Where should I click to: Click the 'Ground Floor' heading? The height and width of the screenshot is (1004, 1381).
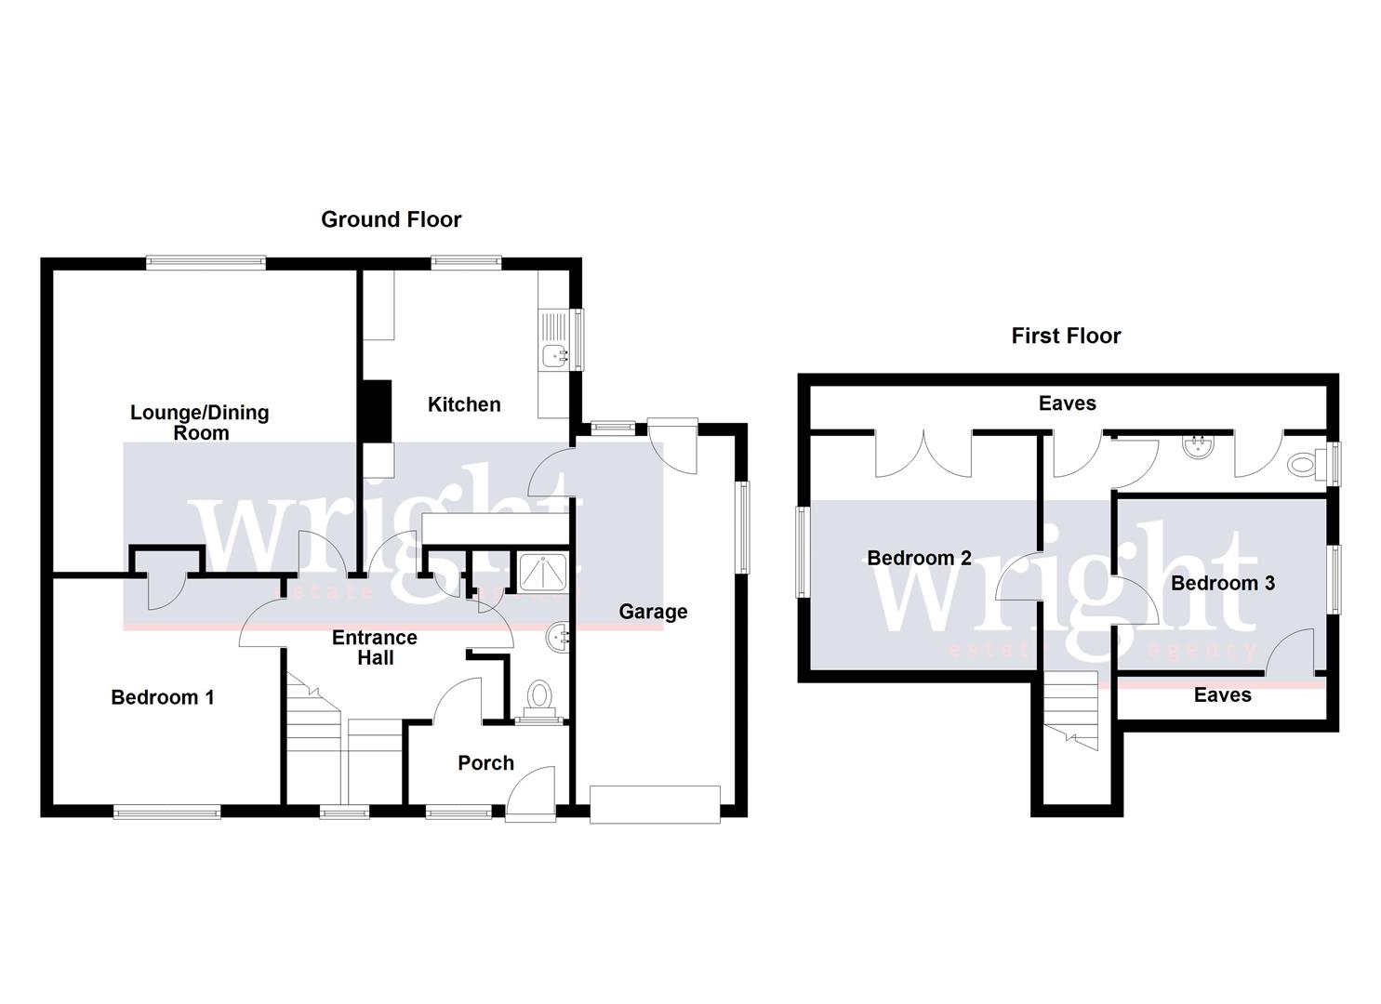pyautogui.click(x=391, y=219)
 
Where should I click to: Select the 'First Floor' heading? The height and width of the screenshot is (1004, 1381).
pyautogui.click(x=1066, y=336)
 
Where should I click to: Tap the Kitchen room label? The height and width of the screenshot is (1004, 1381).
pyautogui.click(x=464, y=404)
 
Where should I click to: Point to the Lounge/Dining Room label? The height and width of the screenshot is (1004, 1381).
pyautogui.click(x=199, y=422)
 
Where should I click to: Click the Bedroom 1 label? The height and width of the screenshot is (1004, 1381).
pyautogui.click(x=163, y=697)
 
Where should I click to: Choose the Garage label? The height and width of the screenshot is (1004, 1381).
pyautogui.click(x=653, y=612)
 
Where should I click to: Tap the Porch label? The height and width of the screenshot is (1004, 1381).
pyautogui.click(x=485, y=763)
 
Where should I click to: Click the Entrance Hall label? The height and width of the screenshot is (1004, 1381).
pyautogui.click(x=375, y=648)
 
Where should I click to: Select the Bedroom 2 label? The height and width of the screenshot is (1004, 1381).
pyautogui.click(x=919, y=558)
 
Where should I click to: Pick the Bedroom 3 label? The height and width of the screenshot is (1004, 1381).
pyautogui.click(x=1222, y=583)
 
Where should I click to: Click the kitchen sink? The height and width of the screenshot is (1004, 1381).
pyautogui.click(x=555, y=354)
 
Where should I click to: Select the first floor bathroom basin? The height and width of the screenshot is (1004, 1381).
pyautogui.click(x=1197, y=447)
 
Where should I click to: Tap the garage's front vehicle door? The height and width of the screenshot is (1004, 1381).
pyautogui.click(x=655, y=803)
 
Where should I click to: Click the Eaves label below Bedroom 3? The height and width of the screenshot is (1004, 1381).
pyautogui.click(x=1222, y=695)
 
